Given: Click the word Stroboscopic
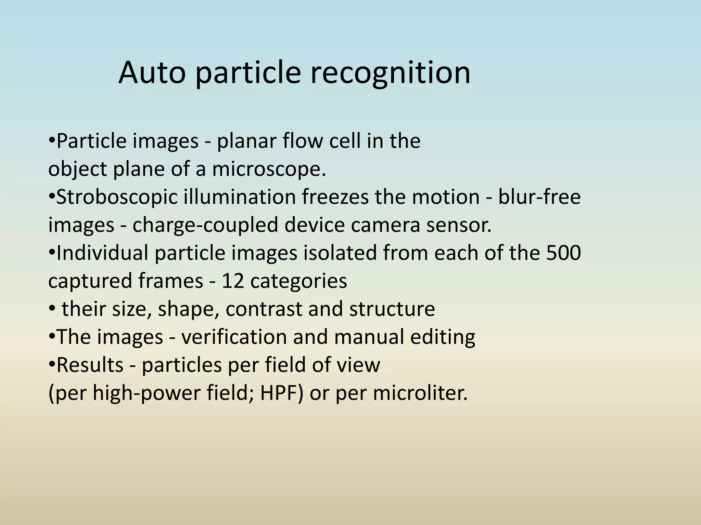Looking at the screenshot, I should click(117, 198).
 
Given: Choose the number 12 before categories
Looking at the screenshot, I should click(233, 281).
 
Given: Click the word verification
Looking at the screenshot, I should click(233, 337).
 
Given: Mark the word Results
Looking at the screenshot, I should click(90, 365).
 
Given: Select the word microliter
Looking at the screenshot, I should click(420, 393).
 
